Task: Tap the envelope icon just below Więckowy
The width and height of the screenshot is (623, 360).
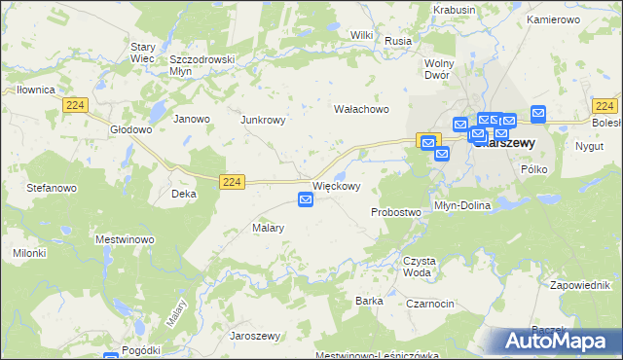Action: [x=306, y=199]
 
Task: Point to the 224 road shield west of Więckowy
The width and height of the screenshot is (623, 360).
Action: [x=231, y=181]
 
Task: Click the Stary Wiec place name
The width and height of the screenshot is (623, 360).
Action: [x=149, y=52]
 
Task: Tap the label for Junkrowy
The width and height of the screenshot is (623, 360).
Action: [x=263, y=120]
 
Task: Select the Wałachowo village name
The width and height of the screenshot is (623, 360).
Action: [x=361, y=109]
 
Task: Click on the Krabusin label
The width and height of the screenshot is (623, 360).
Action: [x=457, y=10]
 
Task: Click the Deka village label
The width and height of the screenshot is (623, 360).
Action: [x=184, y=194]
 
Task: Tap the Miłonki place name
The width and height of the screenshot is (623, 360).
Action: [x=30, y=253]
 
